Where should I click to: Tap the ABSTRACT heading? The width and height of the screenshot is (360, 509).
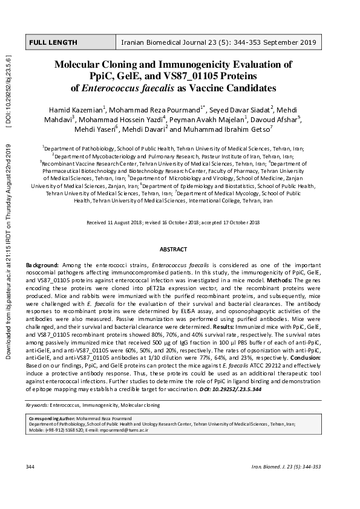pyautogui.click(x=173, y=249)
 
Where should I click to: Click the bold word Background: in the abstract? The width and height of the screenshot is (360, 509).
pyautogui.click(x=42, y=265)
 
